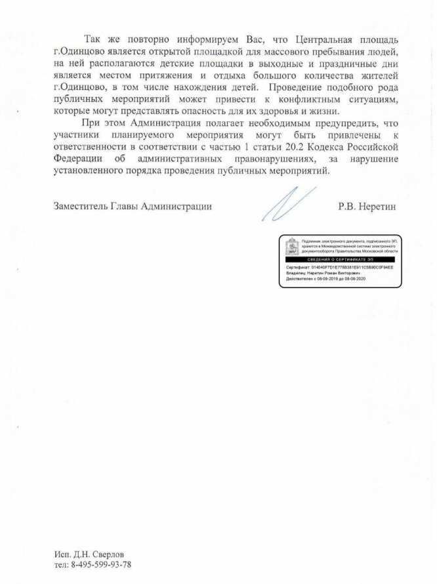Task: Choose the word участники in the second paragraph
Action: [77, 135]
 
